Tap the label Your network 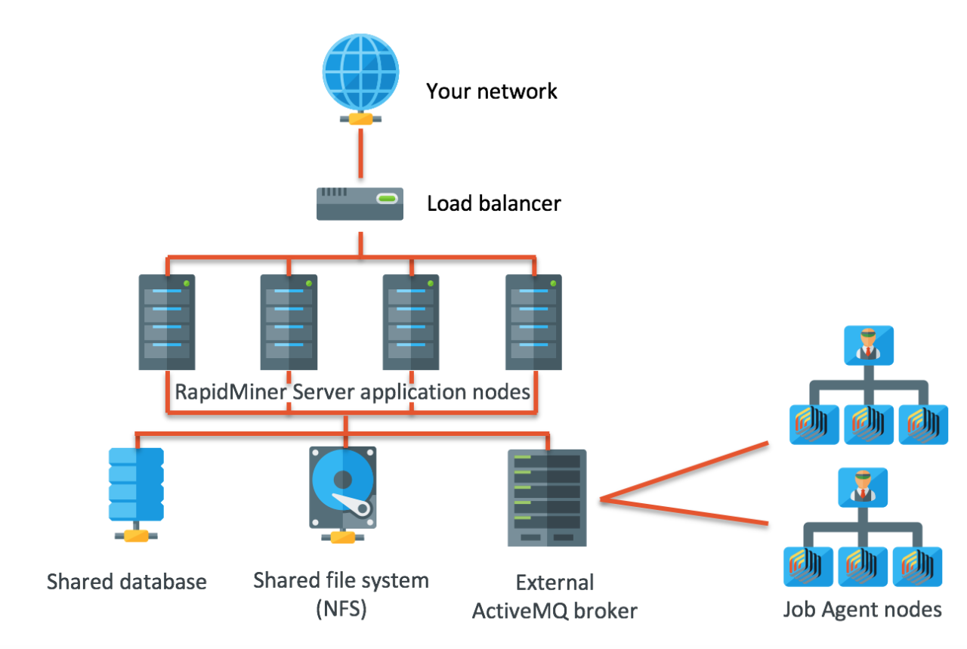pos(491,91)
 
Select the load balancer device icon pos(359,204)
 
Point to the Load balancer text pos(494,204)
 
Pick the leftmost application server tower pos(167,322)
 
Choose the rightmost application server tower pos(534,322)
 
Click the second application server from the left pos(289,322)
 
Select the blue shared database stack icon pos(136,484)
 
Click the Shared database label pos(126,582)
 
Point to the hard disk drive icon pos(343,487)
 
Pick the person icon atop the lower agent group pos(862,487)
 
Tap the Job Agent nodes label pos(862,609)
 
